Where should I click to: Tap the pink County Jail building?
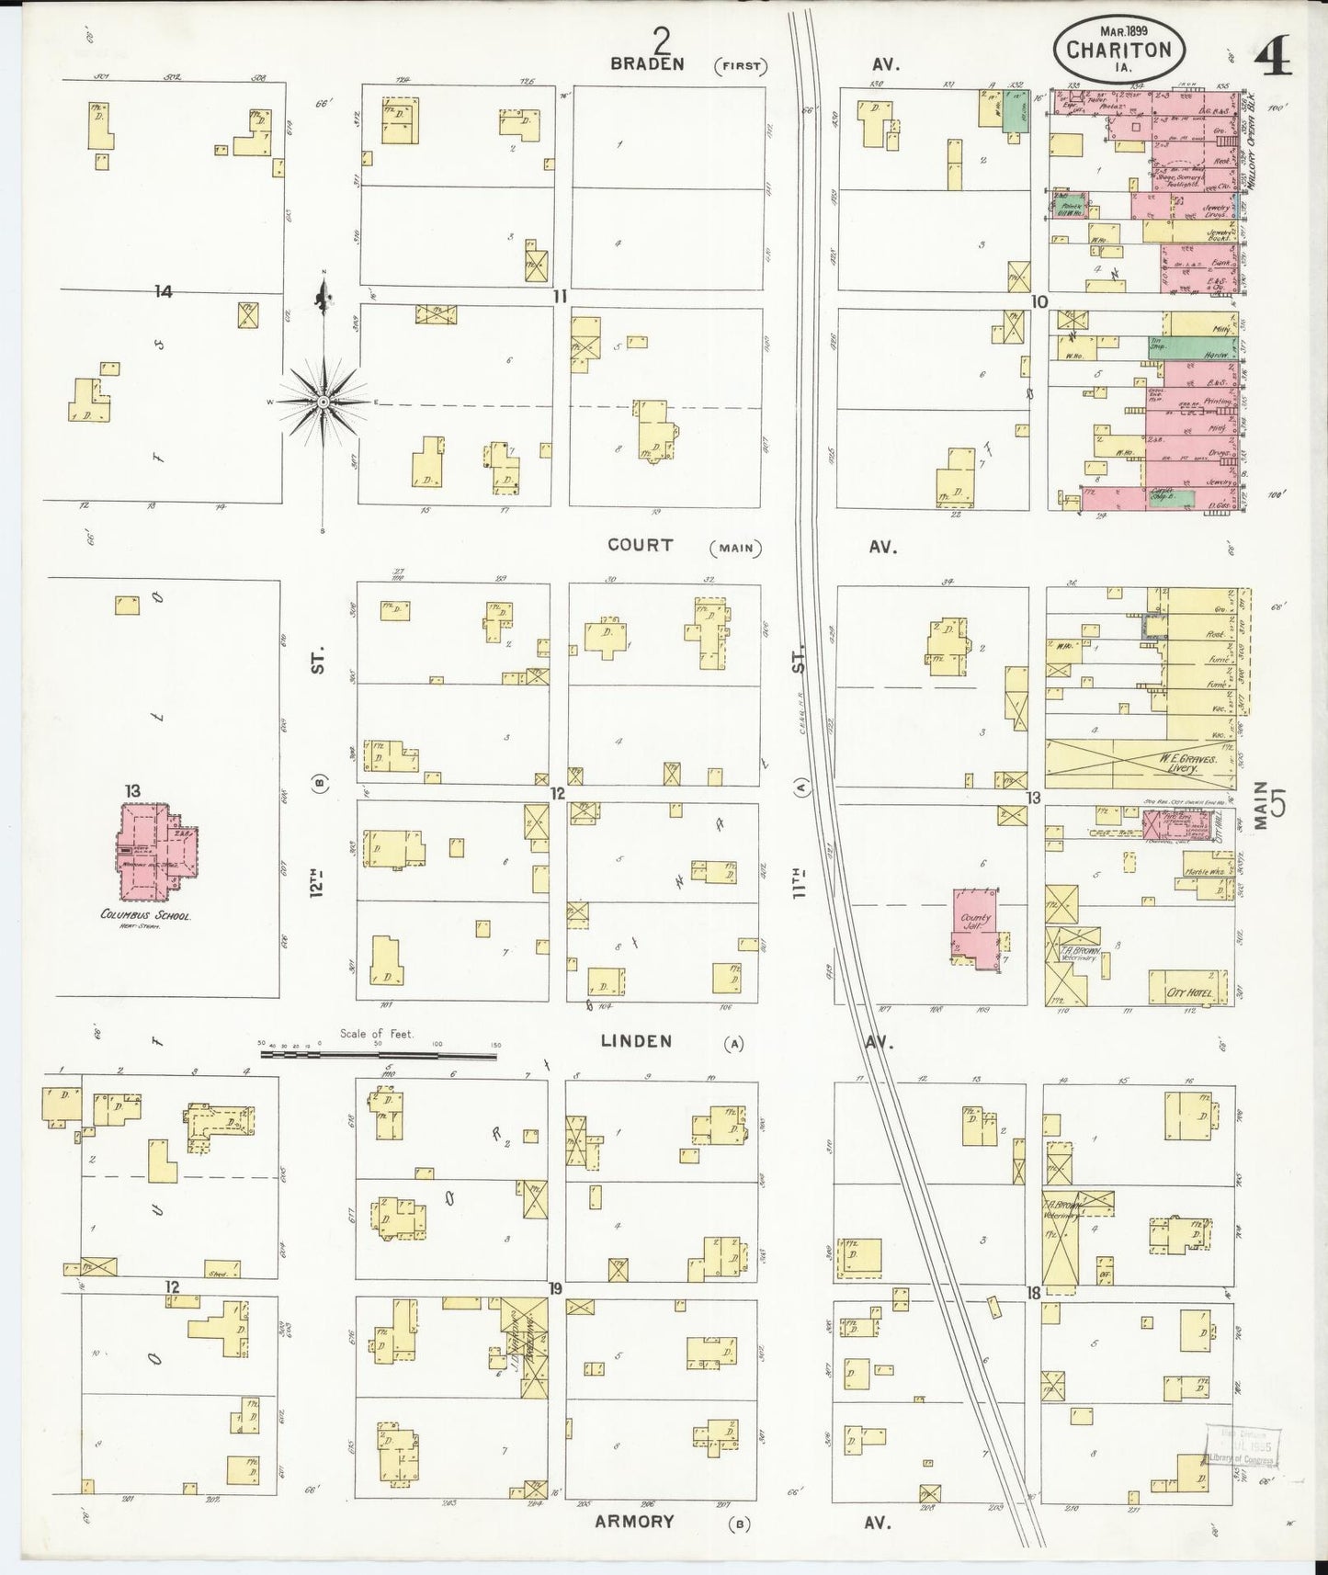(x=976, y=926)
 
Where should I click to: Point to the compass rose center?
(x=323, y=402)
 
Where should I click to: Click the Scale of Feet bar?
(x=378, y=1055)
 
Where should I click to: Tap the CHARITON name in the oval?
(x=1118, y=50)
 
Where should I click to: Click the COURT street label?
(x=640, y=545)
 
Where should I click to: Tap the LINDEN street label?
(x=636, y=1041)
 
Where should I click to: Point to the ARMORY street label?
(x=635, y=1521)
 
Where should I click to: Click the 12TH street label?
(x=318, y=889)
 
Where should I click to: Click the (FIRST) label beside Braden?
(x=741, y=65)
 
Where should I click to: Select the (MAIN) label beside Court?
(x=736, y=548)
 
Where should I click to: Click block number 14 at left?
(x=164, y=291)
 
